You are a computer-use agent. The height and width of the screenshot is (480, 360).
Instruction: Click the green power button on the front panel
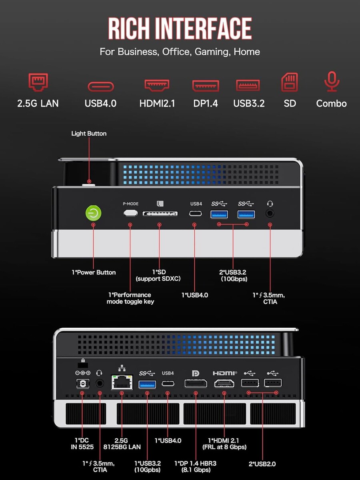(x=93, y=213)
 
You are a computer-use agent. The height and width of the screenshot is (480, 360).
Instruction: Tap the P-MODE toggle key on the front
(x=130, y=213)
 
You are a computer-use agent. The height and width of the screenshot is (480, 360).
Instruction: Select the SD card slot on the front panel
(x=160, y=214)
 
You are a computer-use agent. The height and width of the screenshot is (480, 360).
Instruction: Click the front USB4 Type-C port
(x=196, y=214)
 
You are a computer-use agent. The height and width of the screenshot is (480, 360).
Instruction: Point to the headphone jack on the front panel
(x=270, y=213)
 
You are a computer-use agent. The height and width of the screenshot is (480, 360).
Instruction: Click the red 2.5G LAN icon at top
(x=38, y=82)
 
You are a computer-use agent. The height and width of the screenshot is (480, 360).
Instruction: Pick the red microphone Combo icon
(x=331, y=82)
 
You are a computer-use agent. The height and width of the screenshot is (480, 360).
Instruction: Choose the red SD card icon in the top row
(x=290, y=82)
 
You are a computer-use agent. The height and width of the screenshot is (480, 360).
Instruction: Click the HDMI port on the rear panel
(x=224, y=383)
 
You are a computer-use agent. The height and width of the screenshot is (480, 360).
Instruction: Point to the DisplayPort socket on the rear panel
(x=196, y=383)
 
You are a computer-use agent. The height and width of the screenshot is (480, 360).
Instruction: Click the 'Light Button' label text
(x=89, y=134)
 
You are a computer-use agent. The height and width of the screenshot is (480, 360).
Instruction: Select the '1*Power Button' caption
(x=94, y=272)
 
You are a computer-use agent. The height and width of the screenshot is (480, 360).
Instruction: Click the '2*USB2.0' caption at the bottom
(x=262, y=464)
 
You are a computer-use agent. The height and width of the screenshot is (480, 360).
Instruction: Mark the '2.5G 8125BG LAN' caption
(x=122, y=443)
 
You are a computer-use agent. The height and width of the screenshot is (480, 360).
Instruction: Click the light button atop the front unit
(x=88, y=184)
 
